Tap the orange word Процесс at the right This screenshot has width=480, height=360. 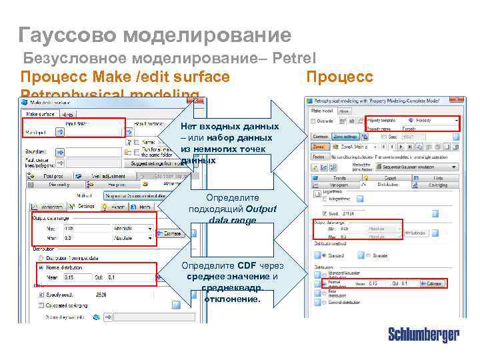(339, 77)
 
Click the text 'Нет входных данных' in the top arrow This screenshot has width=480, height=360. (229, 127)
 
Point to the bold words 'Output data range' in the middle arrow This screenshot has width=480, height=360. (232, 215)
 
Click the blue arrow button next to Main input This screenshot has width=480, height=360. (59, 133)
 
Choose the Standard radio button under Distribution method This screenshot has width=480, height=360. (324, 254)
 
